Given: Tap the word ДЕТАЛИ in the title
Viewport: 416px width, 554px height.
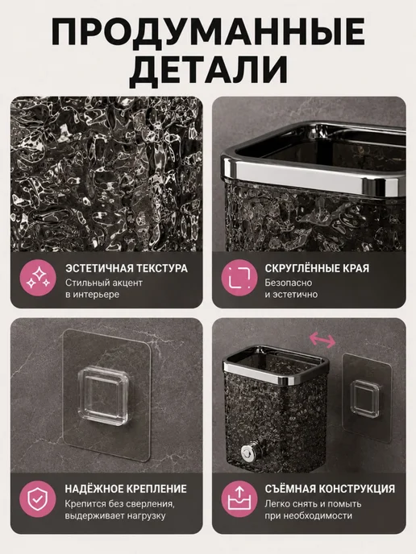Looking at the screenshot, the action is click(x=208, y=69).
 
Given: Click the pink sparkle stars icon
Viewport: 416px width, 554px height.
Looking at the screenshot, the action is click(x=38, y=278).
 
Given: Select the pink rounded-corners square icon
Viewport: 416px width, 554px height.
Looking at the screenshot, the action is click(x=239, y=278).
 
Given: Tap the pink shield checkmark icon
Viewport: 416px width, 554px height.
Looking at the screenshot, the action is click(x=38, y=499).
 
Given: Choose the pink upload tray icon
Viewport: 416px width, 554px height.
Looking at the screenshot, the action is click(x=239, y=499).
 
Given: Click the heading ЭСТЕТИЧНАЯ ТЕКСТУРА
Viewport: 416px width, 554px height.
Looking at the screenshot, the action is click(x=127, y=268).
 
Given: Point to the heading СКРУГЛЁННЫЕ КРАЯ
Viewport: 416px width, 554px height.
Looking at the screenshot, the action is click(x=317, y=268).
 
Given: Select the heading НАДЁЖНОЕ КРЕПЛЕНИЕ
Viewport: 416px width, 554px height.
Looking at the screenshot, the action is click(x=126, y=489).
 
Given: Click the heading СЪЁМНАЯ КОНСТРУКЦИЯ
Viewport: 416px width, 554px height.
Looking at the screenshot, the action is click(x=330, y=489).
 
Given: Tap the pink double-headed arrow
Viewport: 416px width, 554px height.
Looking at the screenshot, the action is click(x=322, y=340).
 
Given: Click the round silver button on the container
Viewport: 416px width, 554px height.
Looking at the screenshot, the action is click(x=247, y=453).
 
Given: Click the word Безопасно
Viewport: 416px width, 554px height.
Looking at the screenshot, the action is click(x=289, y=283).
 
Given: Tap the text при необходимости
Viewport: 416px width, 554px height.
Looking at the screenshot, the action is click(x=309, y=516).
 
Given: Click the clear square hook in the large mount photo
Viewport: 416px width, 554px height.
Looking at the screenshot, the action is click(x=103, y=395).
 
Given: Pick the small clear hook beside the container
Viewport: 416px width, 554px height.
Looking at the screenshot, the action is click(x=365, y=399).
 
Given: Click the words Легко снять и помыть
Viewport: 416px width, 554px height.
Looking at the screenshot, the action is click(x=313, y=504).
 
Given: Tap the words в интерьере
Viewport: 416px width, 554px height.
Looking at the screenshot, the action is click(x=92, y=295).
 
